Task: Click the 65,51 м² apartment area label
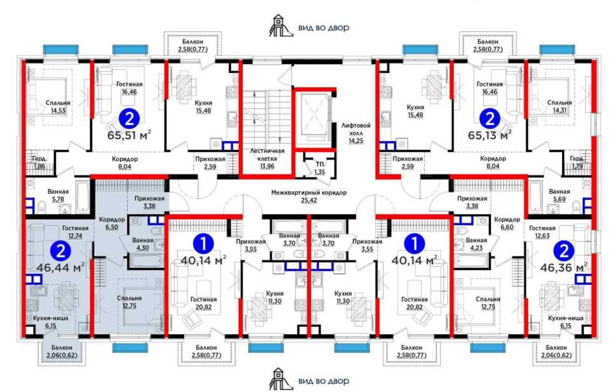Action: coord(129,136)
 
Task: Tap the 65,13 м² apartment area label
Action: coord(490,135)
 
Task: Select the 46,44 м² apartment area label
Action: coord(61,267)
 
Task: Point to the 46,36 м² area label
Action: coord(564,267)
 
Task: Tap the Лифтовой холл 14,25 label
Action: coord(356,133)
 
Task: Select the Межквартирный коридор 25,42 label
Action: coord(309,196)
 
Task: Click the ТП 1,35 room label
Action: coord(320,168)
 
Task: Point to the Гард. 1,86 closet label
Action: coord(39,163)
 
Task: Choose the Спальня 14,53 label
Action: coord(58,107)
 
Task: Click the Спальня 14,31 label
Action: coord(559,107)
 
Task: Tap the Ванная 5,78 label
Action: coord(58,196)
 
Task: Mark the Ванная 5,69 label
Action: coord(559,196)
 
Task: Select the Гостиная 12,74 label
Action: coord(75,232)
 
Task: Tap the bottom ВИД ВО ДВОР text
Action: coord(324,381)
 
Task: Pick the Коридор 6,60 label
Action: coord(507,224)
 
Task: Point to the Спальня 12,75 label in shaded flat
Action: coord(130,302)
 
